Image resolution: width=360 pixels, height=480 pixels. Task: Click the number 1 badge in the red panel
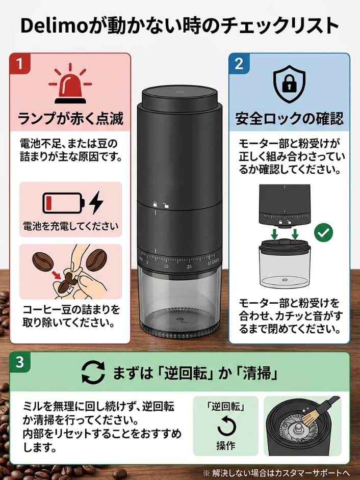pyautogui.click(x=20, y=65)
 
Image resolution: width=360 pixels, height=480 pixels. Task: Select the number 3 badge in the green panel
pyautogui.click(x=20, y=363)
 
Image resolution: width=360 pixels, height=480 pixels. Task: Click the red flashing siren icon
pyautogui.click(x=70, y=84)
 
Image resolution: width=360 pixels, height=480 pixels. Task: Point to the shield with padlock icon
pyautogui.click(x=289, y=84)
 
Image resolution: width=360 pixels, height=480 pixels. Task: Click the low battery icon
pyautogui.click(x=63, y=203)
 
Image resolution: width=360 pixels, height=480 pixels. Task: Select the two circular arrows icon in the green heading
pyautogui.click(x=93, y=374)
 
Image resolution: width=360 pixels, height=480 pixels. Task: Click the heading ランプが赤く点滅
pyautogui.click(x=70, y=119)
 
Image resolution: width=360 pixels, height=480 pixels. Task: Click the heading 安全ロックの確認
pyautogui.click(x=289, y=119)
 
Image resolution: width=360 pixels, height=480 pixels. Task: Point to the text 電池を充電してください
pyautogui.click(x=70, y=225)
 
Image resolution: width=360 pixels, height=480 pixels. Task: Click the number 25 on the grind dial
pyautogui.click(x=189, y=266)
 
